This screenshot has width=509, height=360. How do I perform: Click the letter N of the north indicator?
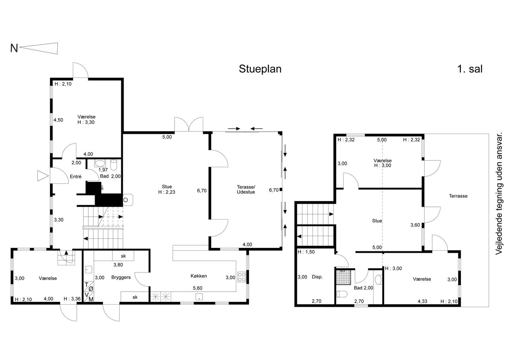coord(14,48)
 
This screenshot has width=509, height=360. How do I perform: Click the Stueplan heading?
coord(260,69)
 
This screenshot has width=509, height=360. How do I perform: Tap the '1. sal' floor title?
coord(470,69)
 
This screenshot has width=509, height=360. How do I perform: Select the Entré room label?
coord(76,177)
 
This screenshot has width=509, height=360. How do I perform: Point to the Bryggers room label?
coord(121,278)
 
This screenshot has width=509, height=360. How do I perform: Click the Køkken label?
coord(199,276)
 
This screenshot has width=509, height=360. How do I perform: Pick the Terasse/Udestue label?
coord(246,189)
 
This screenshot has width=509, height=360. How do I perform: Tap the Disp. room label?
coord(317,277)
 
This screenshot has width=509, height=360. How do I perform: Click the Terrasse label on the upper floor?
coord(458,196)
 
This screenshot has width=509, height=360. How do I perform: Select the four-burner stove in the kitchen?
coord(241,277)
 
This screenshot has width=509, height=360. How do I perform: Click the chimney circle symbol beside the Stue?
coord(125,200)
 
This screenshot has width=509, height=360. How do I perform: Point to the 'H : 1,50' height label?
coord(306,252)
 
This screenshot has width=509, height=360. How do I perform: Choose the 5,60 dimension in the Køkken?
coord(198,288)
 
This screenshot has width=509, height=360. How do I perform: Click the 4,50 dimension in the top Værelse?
coord(58,120)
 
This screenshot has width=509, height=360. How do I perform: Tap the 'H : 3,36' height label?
coord(72,299)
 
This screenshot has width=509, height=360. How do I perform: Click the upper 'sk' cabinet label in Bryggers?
coord(123,256)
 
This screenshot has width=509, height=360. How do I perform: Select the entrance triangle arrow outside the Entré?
coord(43,176)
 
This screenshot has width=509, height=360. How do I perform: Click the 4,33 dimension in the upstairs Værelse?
coord(422,302)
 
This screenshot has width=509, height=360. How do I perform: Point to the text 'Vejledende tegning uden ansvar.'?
coord(499,193)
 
